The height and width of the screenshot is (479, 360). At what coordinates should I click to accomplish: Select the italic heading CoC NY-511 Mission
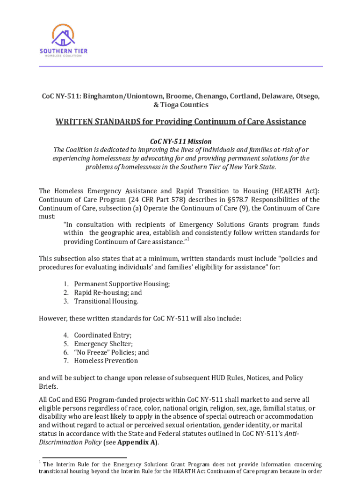pos(180,141)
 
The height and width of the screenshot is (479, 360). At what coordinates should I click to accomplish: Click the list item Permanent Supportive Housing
pos(122,284)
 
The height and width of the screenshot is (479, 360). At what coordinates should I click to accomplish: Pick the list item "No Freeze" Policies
pos(111,352)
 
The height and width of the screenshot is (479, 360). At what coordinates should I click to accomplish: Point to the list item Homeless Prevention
pos(106,361)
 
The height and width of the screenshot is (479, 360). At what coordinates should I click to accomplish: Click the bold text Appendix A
pos(137,442)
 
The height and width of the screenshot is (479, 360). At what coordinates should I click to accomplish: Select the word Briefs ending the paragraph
pos(48,386)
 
